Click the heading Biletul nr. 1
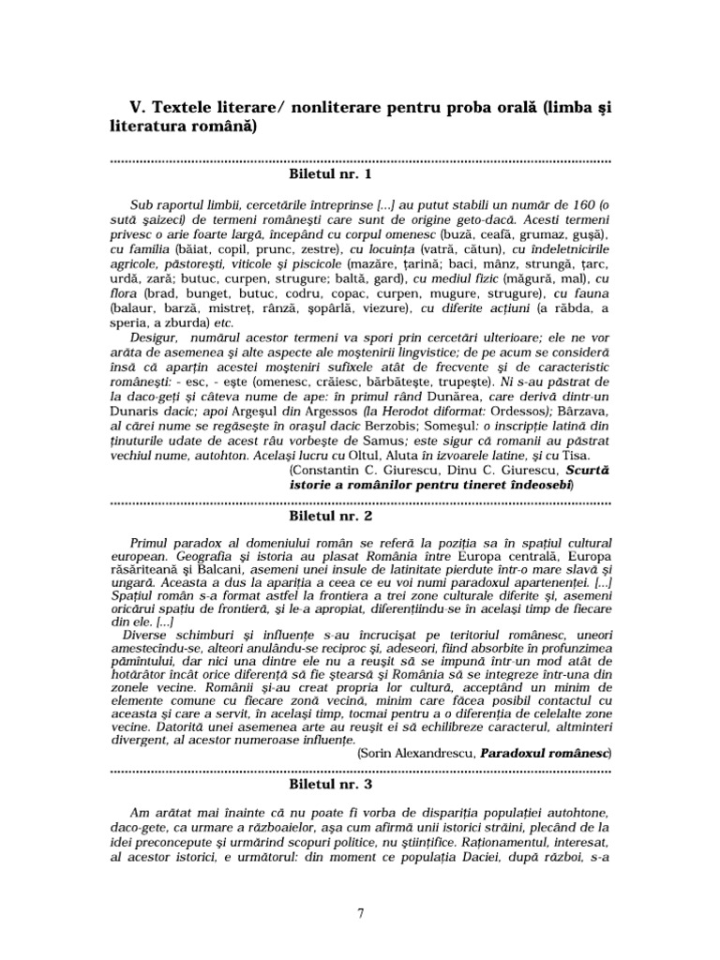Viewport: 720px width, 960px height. click(328, 173)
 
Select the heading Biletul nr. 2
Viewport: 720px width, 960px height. click(328, 516)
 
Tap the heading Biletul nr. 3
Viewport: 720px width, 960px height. click(328, 779)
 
